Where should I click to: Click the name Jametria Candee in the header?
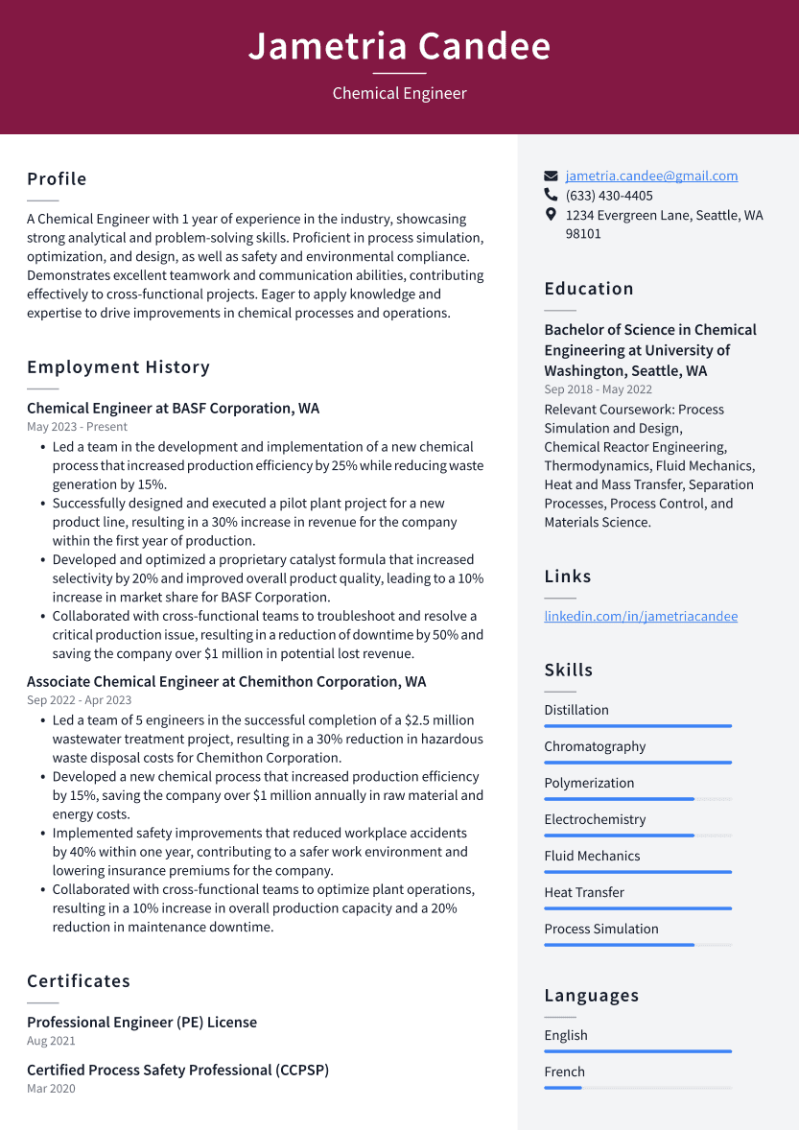pos(399,46)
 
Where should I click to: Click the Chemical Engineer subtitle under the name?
pos(399,93)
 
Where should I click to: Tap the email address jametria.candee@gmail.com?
pos(651,176)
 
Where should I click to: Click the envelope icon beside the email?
pos(551,177)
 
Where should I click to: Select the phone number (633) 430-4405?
pos(609,196)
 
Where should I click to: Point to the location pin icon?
pos(551,215)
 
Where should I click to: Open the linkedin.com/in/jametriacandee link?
pos(641,616)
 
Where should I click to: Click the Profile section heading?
pos(57,179)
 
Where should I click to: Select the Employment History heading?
pos(118,367)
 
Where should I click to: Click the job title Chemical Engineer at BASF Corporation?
pos(173,409)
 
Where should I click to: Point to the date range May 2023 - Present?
pos(77,427)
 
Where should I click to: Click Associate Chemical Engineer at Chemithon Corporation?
pos(226,682)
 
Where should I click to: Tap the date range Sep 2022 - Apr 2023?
pos(79,700)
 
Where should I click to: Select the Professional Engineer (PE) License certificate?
pos(142,1023)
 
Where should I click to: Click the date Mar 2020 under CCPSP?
pos(51,1089)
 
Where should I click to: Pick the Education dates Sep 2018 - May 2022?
pos(598,389)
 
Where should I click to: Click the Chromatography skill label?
pos(595,746)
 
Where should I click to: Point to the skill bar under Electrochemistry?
pos(637,836)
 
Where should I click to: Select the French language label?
pos(564,1071)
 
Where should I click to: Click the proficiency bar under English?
pos(637,1051)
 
